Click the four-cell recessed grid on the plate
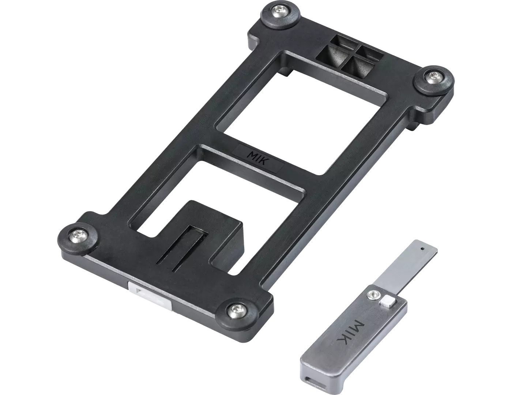pos(349,58)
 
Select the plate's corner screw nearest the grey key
pos(233,312)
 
